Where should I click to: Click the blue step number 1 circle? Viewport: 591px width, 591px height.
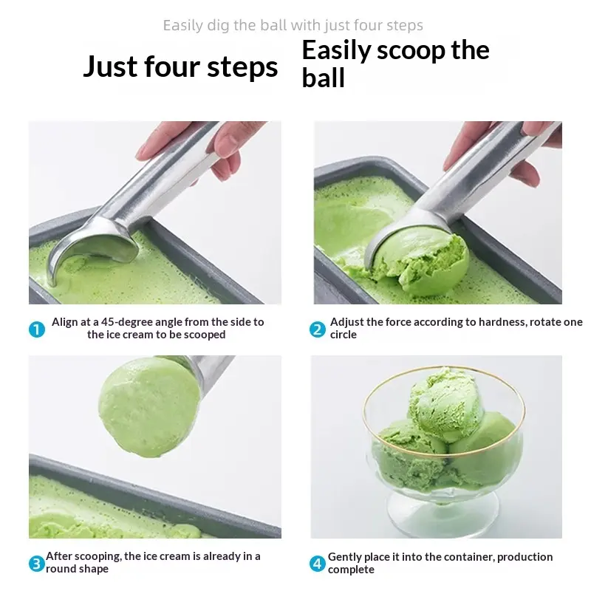[x=37, y=329]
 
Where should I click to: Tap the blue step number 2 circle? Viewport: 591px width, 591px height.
[x=318, y=329]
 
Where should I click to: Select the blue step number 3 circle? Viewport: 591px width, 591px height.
[x=36, y=564]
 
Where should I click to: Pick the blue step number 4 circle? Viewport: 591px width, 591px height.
[x=318, y=564]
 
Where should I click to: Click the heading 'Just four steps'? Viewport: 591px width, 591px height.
[x=180, y=66]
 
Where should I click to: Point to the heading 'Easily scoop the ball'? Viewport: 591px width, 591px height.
[x=395, y=64]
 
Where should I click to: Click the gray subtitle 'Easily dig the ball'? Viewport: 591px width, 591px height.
[x=225, y=26]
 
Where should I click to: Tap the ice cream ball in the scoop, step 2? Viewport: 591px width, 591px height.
[x=421, y=262]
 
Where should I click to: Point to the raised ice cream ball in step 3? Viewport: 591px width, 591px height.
[x=149, y=407]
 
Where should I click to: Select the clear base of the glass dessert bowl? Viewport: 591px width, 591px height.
[x=443, y=510]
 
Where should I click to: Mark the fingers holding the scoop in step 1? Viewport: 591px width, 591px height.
[x=196, y=147]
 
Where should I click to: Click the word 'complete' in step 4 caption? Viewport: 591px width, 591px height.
[x=351, y=570]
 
